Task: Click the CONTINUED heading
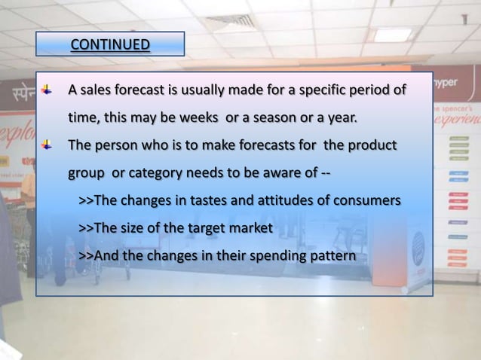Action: coord(110,44)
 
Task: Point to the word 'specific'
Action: coord(335,91)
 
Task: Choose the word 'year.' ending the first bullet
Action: coord(340,118)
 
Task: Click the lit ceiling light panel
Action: coord(393,35)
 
